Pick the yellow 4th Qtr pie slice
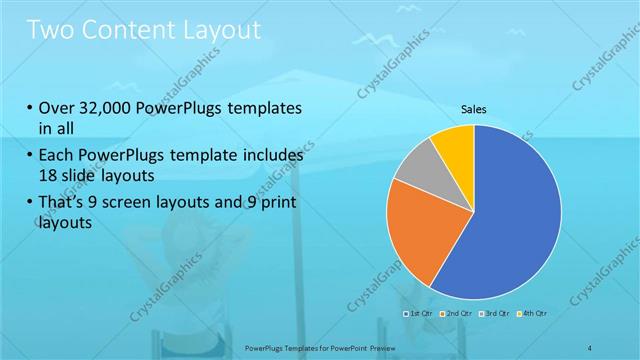tap(453, 144)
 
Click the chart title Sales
tap(474, 109)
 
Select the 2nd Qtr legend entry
tap(456, 313)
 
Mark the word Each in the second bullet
tap(57, 156)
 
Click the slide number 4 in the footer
tap(590, 347)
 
